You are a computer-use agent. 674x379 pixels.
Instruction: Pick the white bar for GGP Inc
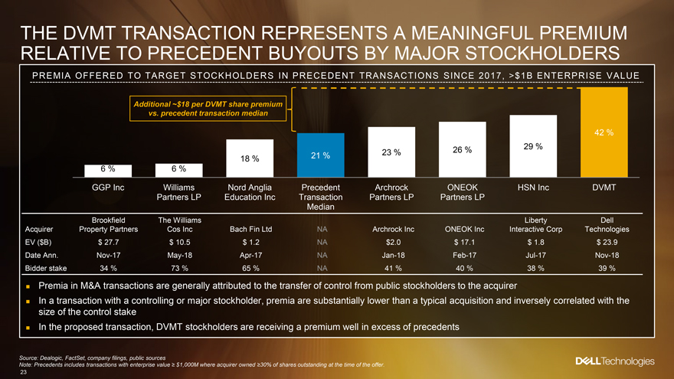[x=109, y=168]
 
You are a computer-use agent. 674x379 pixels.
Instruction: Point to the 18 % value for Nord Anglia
[x=250, y=158]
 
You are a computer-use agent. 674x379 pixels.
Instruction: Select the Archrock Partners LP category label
[x=391, y=193]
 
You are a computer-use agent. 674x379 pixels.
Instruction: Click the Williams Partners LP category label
[x=178, y=193]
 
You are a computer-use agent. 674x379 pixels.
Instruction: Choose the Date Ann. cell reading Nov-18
[x=604, y=255]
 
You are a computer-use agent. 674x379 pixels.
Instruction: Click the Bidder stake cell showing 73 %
[x=178, y=267]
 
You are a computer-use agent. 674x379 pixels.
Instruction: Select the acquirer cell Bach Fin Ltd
[x=250, y=229]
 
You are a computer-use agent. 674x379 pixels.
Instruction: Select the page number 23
[x=25, y=372]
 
